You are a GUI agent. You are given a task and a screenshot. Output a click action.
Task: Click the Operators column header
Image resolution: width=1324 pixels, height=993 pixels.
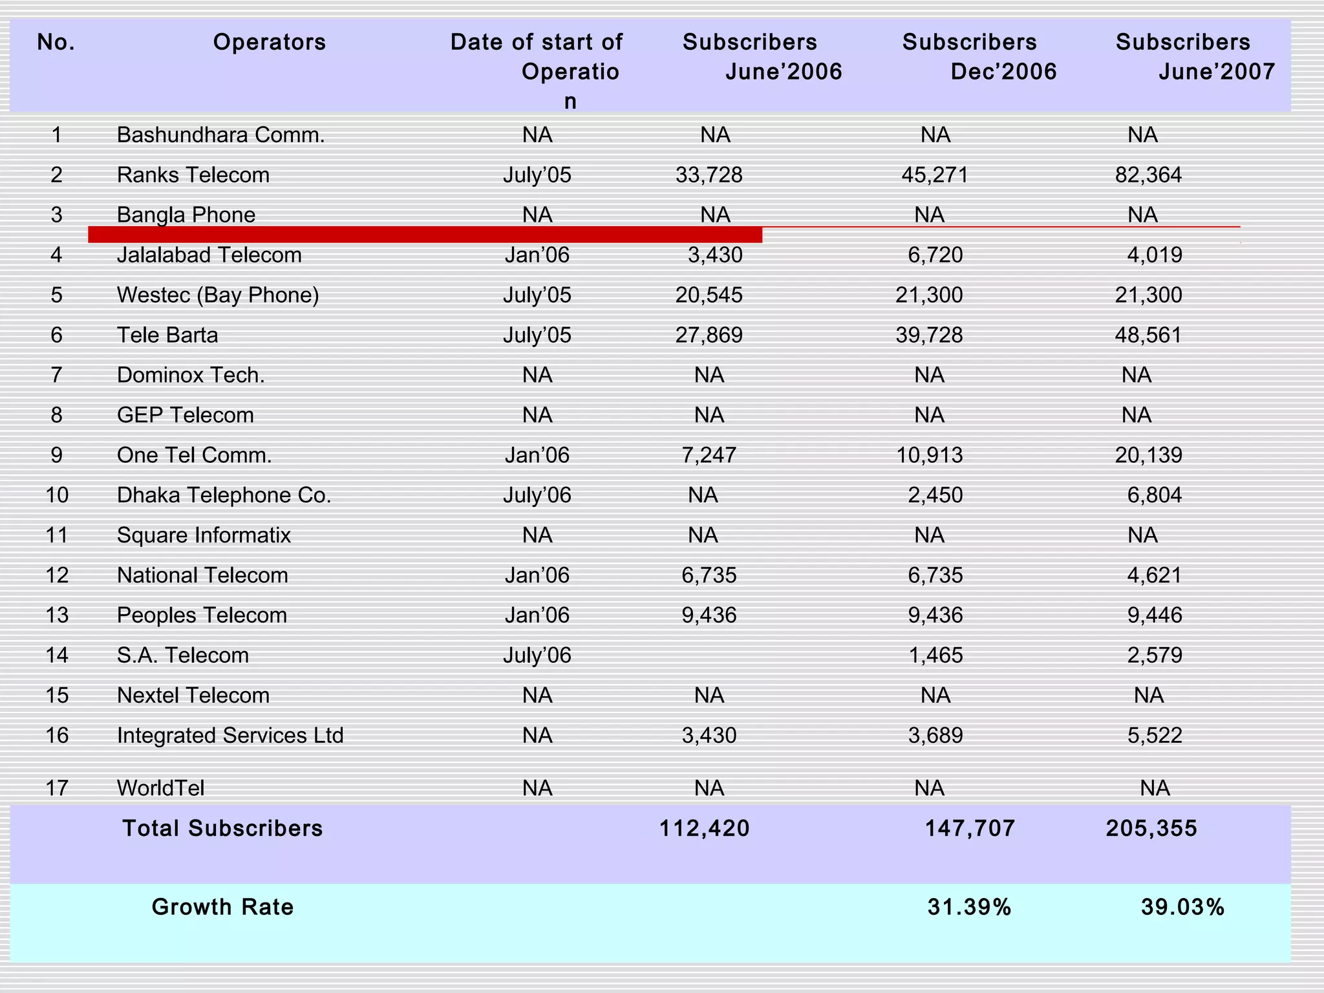tap(270, 43)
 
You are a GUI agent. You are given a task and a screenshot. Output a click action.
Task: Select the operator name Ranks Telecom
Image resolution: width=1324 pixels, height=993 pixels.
tap(193, 175)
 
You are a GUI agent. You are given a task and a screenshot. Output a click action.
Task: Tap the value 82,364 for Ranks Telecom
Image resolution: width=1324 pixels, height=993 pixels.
tap(1148, 175)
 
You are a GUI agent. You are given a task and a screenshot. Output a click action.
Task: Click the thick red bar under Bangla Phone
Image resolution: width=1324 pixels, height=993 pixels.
tap(425, 235)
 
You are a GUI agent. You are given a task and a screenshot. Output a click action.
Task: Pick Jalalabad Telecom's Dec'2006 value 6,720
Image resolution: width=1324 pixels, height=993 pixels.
tap(935, 255)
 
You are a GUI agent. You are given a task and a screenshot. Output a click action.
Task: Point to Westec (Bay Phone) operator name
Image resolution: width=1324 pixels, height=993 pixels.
tap(218, 295)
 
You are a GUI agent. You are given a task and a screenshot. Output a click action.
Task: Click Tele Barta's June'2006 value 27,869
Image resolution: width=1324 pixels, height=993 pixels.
tap(709, 336)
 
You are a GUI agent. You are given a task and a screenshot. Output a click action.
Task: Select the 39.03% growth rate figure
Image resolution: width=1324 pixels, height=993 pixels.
tap(1182, 908)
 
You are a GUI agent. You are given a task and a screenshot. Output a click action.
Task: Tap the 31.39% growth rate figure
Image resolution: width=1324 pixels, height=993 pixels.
tap(969, 908)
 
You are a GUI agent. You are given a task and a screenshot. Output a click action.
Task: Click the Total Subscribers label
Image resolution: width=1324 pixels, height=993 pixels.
tap(222, 829)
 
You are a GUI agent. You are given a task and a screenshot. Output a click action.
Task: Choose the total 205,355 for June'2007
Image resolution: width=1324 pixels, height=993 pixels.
tap(1151, 829)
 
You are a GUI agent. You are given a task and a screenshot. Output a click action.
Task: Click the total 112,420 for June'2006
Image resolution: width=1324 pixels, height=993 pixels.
tap(704, 829)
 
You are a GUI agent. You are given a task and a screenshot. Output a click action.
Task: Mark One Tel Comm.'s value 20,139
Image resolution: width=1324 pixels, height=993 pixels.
tap(1148, 456)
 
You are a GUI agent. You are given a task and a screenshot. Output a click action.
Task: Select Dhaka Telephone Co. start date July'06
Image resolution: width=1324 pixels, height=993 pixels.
tap(537, 496)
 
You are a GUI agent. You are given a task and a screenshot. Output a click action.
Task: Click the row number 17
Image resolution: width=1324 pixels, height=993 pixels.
tap(57, 789)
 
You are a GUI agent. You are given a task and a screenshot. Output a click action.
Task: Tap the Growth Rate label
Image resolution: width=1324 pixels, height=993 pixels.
tap(222, 908)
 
